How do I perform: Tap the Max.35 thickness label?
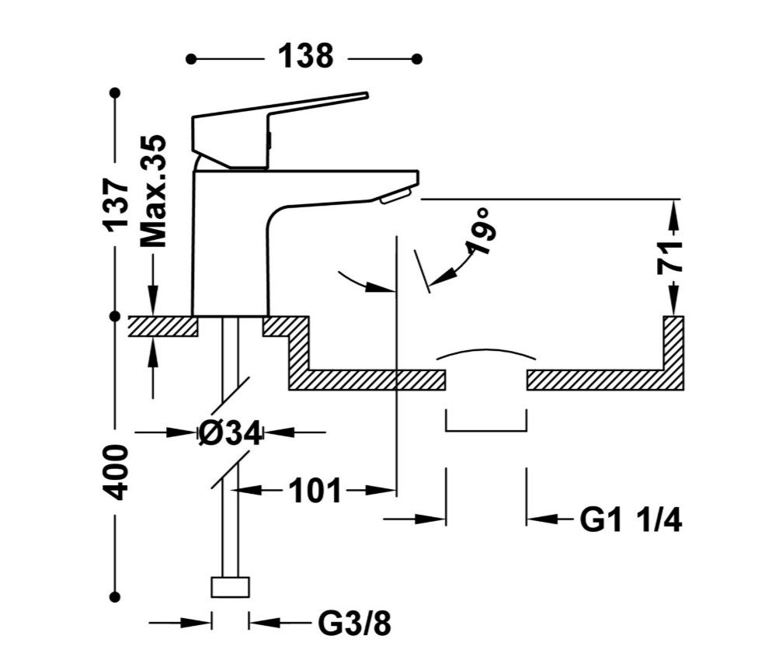tap(153, 191)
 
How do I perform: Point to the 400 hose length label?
tap(116, 472)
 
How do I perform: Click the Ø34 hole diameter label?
tap(231, 432)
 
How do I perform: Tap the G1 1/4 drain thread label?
tap(631, 520)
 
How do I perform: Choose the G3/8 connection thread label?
tap(355, 623)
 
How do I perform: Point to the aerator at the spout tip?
tap(396, 196)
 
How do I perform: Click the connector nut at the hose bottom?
tap(231, 587)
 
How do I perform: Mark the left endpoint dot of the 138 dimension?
tap(191, 59)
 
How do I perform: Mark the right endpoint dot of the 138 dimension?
tap(416, 59)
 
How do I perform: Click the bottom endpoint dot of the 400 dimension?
tap(115, 596)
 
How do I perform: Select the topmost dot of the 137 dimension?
tap(115, 92)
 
